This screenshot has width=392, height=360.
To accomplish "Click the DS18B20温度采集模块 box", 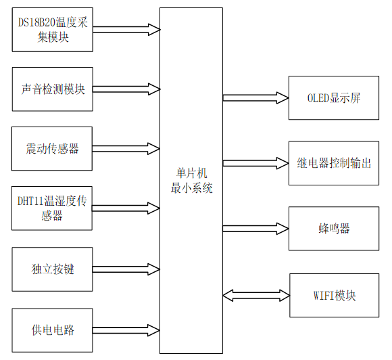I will [53, 30].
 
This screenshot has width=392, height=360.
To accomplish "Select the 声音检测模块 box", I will [53, 89].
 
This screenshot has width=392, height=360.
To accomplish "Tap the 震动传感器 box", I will [53, 148].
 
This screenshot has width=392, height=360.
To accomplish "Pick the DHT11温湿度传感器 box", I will [53, 208].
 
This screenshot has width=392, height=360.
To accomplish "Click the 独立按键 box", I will [53, 269].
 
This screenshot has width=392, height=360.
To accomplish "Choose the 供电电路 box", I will [53, 330].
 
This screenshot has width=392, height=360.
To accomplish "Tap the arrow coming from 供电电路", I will [126, 330].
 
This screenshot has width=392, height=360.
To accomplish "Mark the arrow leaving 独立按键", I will [126, 269].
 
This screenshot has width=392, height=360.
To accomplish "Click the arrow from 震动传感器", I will [126, 148].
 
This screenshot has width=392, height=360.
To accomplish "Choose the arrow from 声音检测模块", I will [126, 89].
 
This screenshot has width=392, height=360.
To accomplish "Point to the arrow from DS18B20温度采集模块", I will [126, 30].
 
